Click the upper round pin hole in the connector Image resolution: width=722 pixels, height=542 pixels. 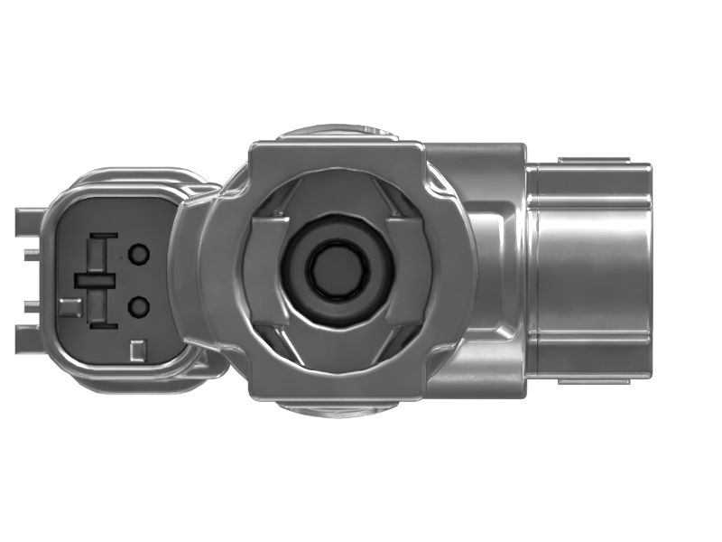pos(138,255)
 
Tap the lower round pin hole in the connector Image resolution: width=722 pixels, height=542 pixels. pos(138,308)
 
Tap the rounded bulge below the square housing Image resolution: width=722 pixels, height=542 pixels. pos(335,407)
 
